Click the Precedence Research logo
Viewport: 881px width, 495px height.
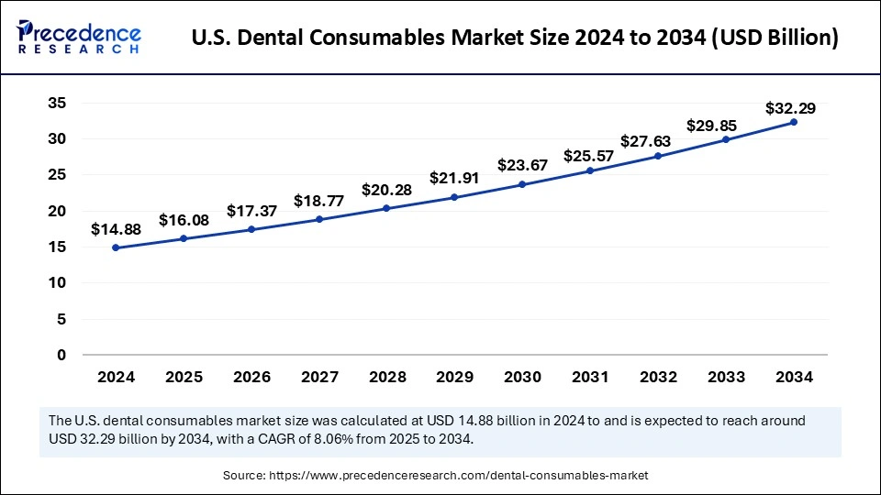click(x=79, y=38)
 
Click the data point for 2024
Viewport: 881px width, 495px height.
click(x=117, y=247)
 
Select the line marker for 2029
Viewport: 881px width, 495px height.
click(x=455, y=198)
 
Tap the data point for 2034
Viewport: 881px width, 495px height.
click(x=794, y=122)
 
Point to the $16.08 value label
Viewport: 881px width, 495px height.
click(x=184, y=220)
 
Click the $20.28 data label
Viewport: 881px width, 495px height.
click(x=387, y=190)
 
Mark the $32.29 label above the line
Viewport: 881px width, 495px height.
click(x=790, y=108)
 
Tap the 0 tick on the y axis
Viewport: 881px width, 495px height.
click(x=61, y=355)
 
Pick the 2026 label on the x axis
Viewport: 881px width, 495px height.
click(x=251, y=377)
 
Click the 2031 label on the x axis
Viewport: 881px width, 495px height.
click(x=590, y=377)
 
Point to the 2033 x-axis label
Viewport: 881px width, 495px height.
click(x=726, y=377)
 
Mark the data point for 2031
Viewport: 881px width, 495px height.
click(x=590, y=170)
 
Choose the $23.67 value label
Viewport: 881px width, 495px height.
click(x=522, y=166)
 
